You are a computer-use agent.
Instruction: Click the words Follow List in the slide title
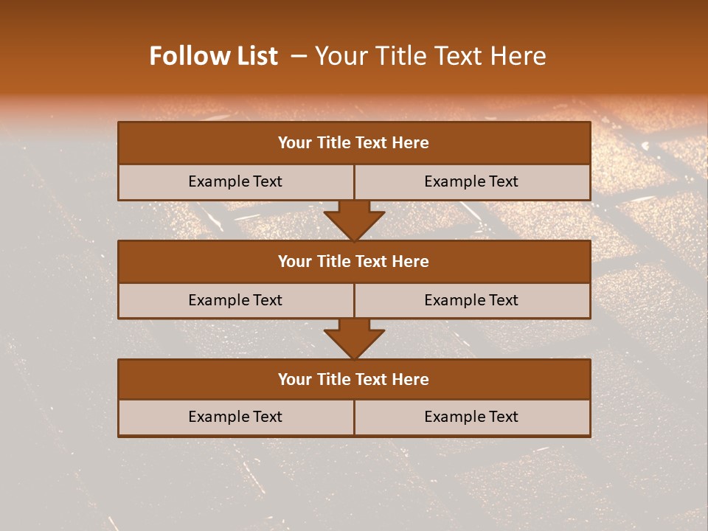[x=213, y=56]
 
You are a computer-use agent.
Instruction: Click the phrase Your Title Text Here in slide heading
[x=430, y=56]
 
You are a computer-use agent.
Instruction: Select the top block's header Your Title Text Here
[x=353, y=143]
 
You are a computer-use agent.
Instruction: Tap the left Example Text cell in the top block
[x=235, y=181]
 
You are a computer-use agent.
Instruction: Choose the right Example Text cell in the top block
[x=471, y=181]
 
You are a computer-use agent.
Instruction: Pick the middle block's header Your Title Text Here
[x=353, y=261]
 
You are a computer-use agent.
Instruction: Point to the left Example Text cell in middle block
[x=235, y=300]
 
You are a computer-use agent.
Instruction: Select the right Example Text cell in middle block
[x=471, y=300]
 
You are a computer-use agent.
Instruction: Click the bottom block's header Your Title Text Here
[x=353, y=379]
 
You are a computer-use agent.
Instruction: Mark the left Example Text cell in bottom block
[x=235, y=417]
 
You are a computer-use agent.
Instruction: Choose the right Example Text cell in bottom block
[x=471, y=417]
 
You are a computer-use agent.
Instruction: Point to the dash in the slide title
[x=299, y=56]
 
